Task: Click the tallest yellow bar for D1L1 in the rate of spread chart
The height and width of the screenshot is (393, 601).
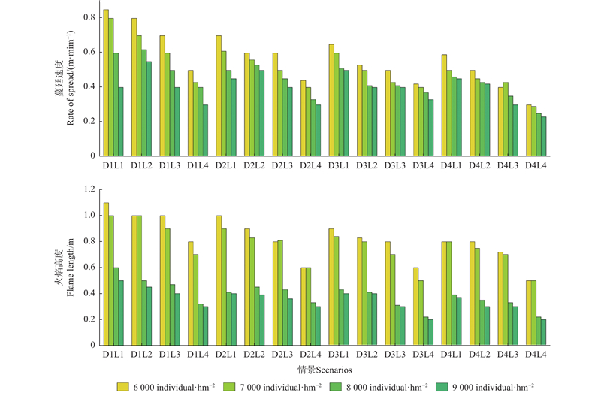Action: [x=106, y=83]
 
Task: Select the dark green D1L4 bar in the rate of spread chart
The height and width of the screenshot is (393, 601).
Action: [x=205, y=130]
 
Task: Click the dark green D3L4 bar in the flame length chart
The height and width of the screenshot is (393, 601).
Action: [x=430, y=332]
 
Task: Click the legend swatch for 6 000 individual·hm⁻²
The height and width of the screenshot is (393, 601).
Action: [x=123, y=386]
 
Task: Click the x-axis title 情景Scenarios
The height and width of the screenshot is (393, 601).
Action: [x=325, y=370]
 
